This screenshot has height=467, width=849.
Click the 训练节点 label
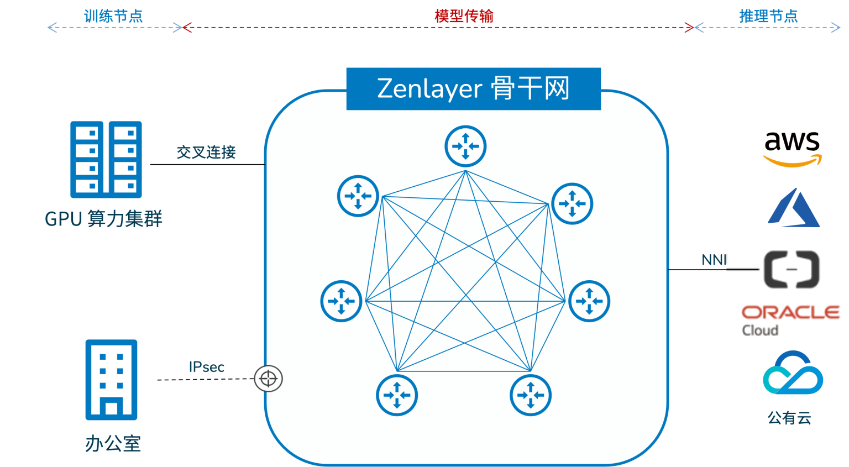113,16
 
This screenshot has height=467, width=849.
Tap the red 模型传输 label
464,16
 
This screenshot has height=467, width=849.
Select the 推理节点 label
768,16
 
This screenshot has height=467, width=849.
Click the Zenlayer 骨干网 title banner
473,89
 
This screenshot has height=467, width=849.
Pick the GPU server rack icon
106,160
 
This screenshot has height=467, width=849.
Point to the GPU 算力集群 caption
103,219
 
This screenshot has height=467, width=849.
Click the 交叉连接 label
206,152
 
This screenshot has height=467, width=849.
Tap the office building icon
111,380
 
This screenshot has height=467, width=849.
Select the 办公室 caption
113,443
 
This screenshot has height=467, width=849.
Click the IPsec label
207,367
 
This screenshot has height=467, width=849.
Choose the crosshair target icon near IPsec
269,379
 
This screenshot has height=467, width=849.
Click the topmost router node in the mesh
465,146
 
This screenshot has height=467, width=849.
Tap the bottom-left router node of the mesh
397,395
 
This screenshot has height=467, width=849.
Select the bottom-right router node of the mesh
531,395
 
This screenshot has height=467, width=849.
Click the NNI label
714,260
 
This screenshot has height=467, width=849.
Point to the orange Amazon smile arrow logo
792,161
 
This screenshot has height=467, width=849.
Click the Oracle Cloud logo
790,319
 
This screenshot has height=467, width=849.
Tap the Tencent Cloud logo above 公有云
793,372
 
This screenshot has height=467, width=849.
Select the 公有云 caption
789,418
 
